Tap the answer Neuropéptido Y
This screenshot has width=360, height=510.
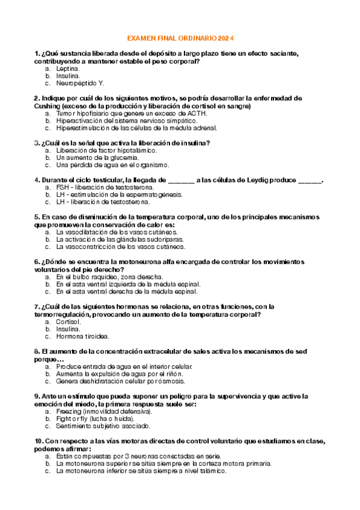pyautogui.click(x=80, y=84)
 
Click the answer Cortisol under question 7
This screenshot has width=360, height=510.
pyautogui.click(x=69, y=322)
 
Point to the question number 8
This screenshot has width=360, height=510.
pyautogui.click(x=37, y=351)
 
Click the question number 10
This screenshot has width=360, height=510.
pyautogui.click(x=39, y=441)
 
